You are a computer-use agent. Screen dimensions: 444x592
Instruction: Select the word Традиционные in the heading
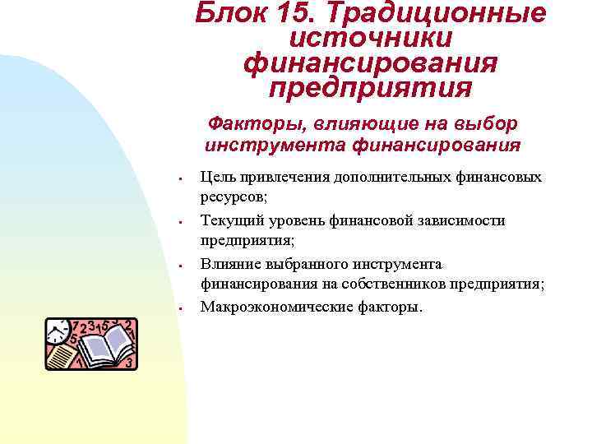tap(437, 14)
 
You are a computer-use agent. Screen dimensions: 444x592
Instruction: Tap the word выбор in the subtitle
tap(488, 123)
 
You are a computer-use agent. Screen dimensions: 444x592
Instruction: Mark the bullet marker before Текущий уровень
tap(178, 222)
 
